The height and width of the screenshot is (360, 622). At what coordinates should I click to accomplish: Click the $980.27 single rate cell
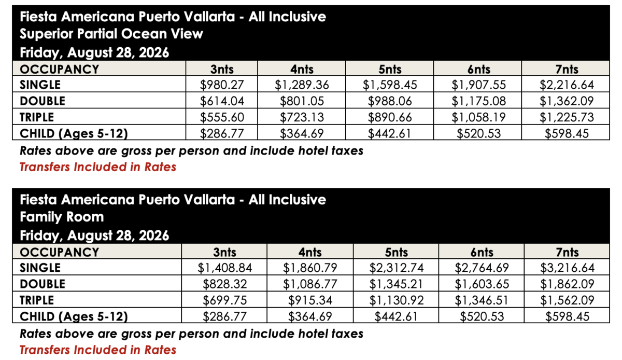click(x=222, y=85)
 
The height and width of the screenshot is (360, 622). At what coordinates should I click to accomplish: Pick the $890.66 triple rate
click(x=390, y=117)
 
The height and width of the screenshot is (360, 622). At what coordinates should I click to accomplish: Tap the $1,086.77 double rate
click(x=309, y=284)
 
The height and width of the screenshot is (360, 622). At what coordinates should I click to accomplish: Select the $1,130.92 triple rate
click(x=396, y=300)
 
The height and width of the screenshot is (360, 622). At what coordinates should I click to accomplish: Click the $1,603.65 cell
click(x=482, y=284)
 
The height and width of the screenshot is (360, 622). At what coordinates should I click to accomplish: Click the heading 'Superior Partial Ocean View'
click(x=111, y=34)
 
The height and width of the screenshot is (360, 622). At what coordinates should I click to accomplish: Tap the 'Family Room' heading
click(x=62, y=217)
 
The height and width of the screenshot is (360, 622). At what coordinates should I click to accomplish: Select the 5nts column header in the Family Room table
click(x=396, y=252)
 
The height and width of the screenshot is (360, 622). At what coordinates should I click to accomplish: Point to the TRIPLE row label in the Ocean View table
click(x=37, y=117)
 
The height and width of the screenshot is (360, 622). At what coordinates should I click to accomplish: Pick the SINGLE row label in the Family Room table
click(x=40, y=268)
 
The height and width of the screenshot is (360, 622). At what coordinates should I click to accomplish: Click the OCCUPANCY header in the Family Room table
click(x=59, y=252)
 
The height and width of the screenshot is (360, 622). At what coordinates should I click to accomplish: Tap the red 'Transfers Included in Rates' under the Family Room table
click(x=98, y=350)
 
